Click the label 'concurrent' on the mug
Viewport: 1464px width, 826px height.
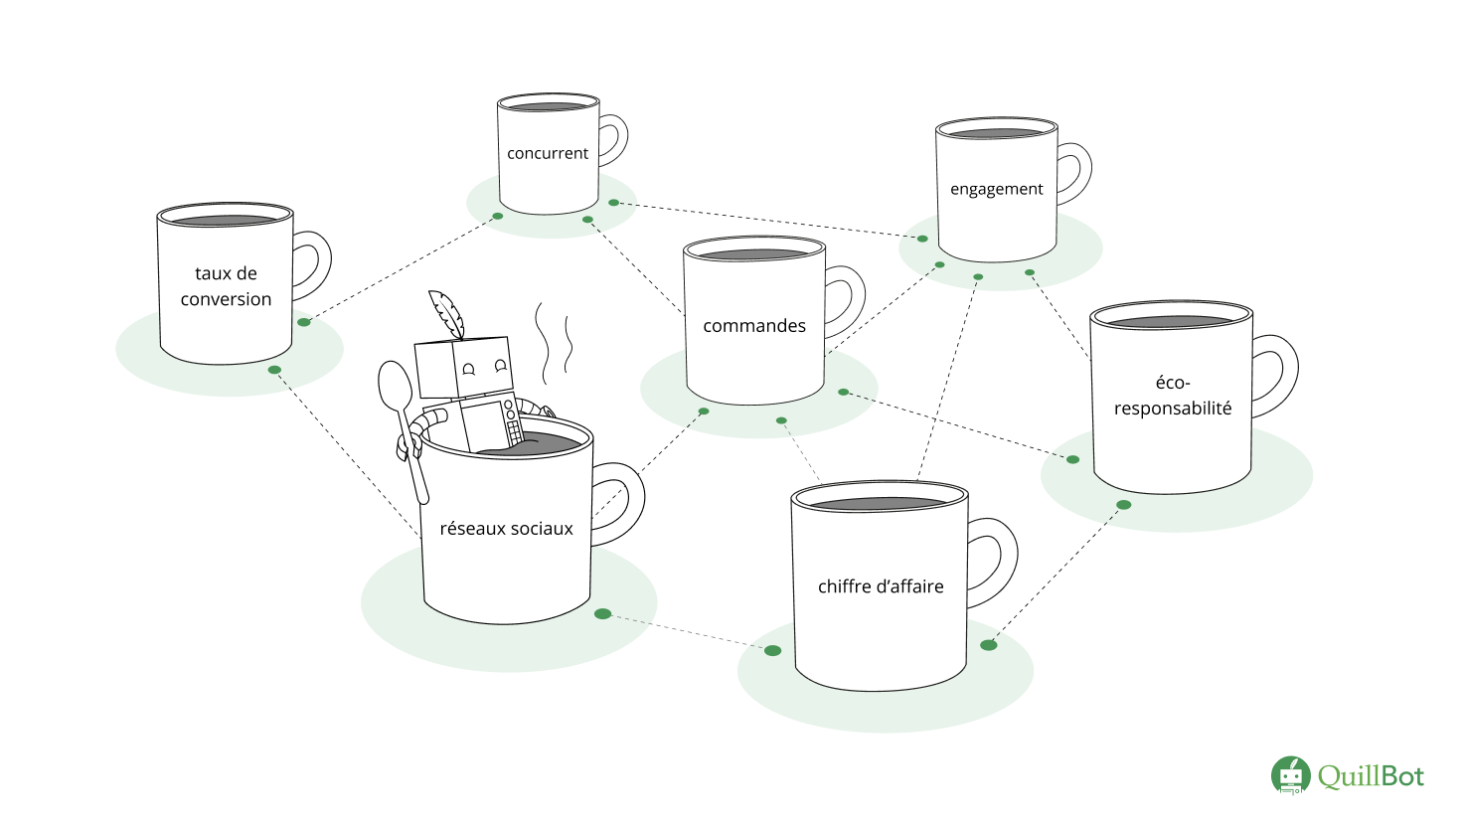point(548,153)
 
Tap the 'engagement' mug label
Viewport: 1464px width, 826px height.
point(996,189)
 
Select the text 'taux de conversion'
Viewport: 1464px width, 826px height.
point(226,286)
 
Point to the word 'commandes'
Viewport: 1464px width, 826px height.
point(754,326)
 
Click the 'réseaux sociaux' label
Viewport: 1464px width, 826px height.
point(506,529)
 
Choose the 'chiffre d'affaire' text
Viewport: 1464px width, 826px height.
point(881,586)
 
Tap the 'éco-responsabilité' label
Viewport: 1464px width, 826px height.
point(1173,396)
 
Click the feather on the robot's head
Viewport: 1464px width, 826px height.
point(447,313)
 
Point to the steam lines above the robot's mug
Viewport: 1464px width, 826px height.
point(555,343)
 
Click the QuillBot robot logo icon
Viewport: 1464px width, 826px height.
point(1290,775)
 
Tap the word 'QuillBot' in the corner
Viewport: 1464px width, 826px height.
point(1371,776)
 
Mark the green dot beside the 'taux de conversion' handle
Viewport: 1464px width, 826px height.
point(304,322)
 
